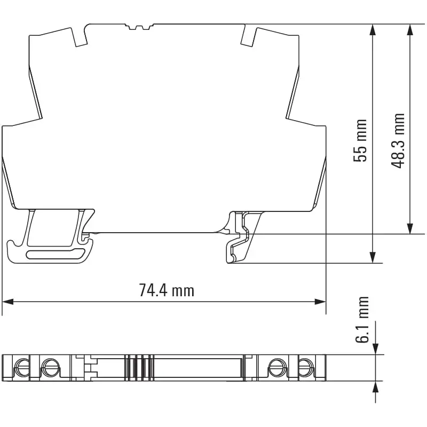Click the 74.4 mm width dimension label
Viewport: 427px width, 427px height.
(x=167, y=290)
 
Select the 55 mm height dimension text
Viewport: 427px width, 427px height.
(x=361, y=140)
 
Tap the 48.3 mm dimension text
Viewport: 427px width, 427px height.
(x=398, y=140)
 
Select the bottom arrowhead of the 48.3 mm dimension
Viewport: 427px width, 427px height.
(x=409, y=228)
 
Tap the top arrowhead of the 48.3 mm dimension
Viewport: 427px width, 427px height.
(x=409, y=30)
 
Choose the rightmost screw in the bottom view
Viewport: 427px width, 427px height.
(x=305, y=367)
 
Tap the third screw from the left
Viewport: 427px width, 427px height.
(x=276, y=367)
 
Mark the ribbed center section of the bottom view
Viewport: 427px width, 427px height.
(x=138, y=367)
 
